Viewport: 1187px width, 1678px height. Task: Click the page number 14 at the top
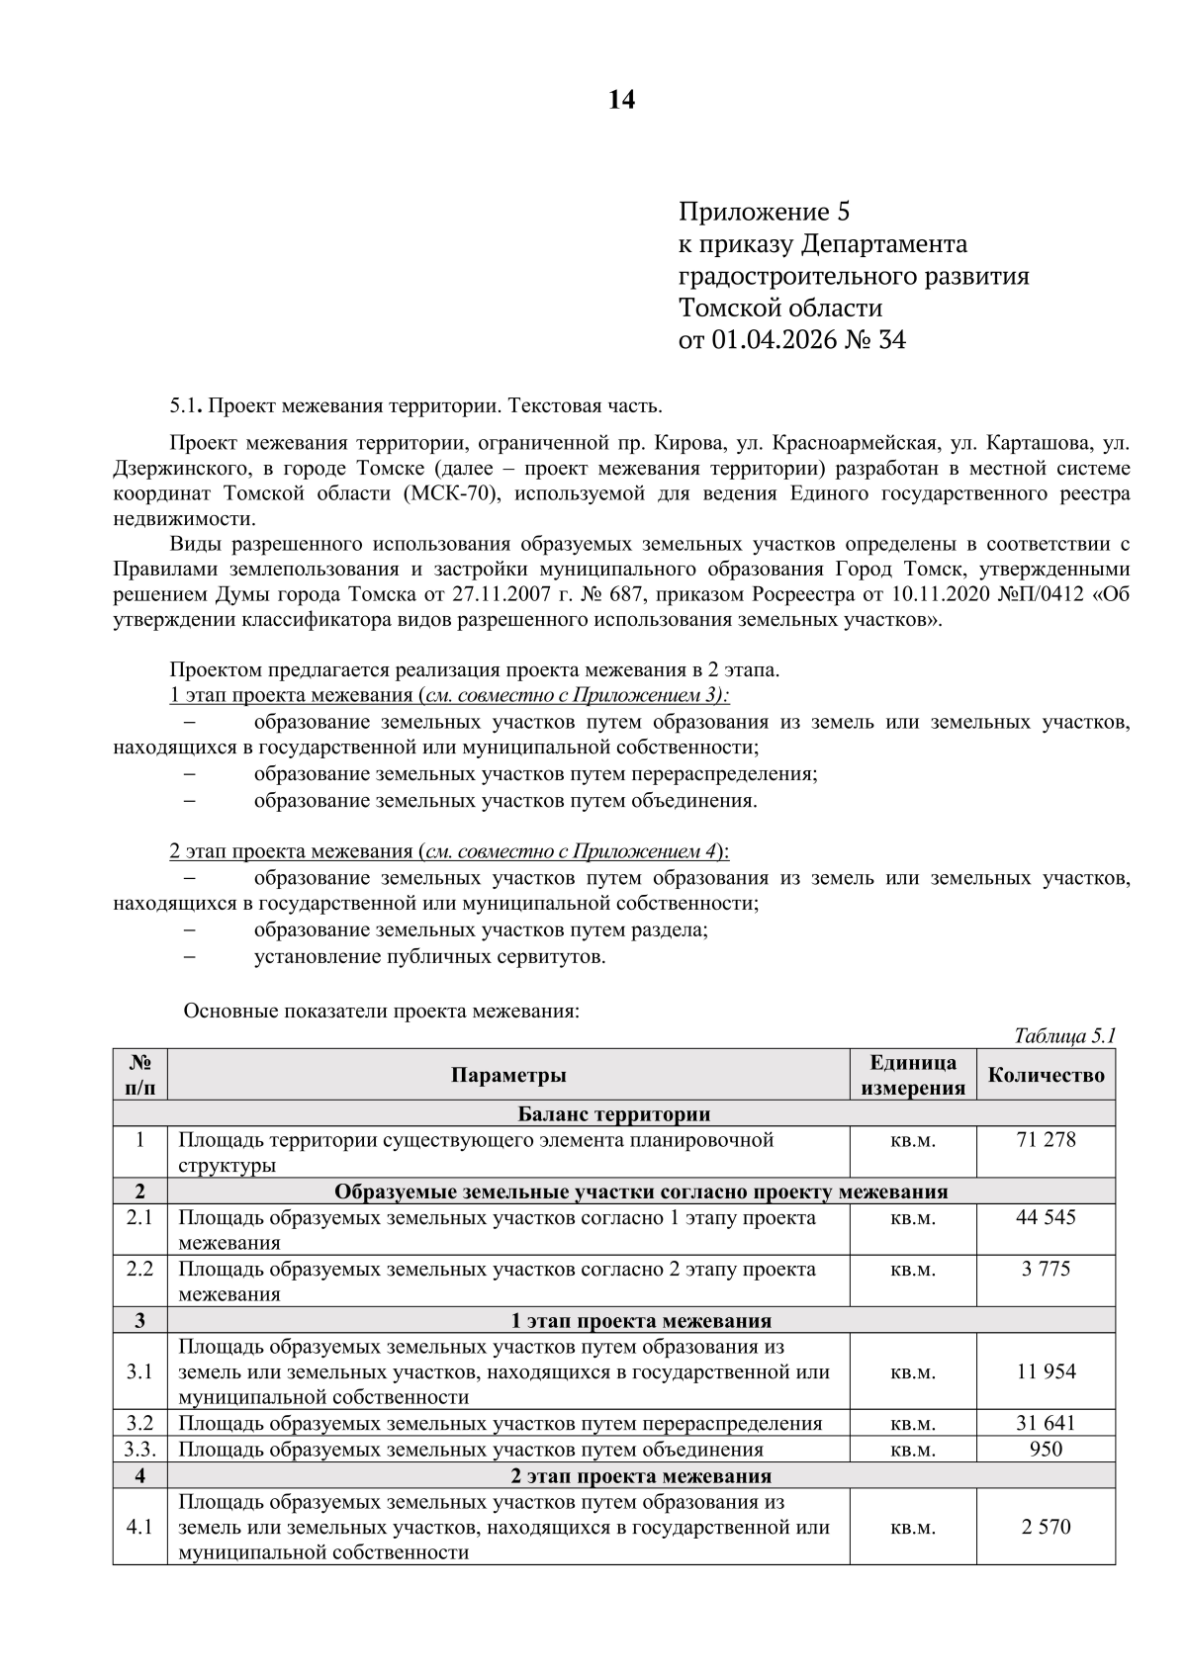click(x=621, y=101)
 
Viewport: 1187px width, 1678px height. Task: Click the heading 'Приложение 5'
click(x=764, y=212)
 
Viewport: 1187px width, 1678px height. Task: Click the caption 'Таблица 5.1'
click(x=1064, y=1036)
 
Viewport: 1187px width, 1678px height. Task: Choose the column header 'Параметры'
click(x=508, y=1076)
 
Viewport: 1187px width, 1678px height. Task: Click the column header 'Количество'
click(x=1046, y=1076)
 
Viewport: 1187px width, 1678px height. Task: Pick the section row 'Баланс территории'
click(x=613, y=1114)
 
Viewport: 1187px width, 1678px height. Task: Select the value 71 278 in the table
click(x=1046, y=1140)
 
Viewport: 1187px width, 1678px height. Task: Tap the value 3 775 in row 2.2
click(x=1046, y=1270)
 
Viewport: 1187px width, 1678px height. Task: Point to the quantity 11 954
click(x=1046, y=1372)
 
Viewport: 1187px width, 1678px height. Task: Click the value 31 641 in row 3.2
click(x=1046, y=1424)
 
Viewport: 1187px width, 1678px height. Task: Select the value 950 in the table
click(x=1046, y=1450)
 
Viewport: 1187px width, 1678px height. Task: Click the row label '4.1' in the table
click(x=139, y=1527)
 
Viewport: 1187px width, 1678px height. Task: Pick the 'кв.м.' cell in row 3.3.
click(x=912, y=1451)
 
